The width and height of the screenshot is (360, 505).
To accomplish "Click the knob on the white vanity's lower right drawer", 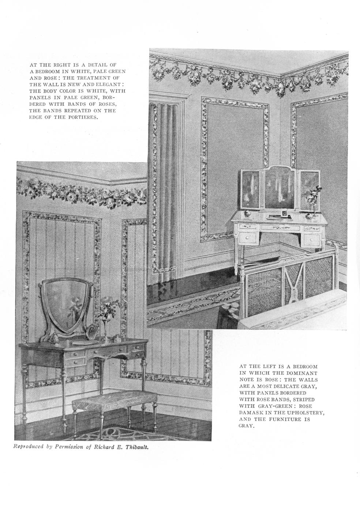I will tap(311, 240).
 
